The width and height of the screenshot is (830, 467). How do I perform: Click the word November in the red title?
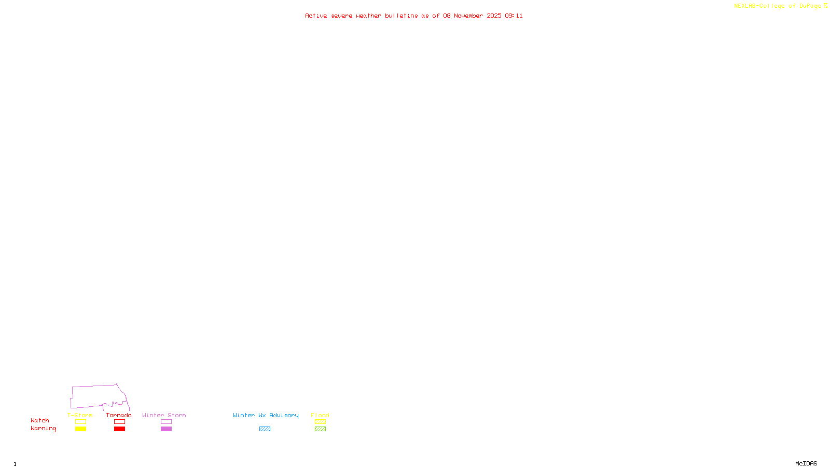(x=468, y=16)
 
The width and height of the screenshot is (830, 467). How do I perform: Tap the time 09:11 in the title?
(x=514, y=16)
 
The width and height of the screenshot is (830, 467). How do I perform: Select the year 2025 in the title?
(x=494, y=16)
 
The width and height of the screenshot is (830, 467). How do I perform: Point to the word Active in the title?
(x=316, y=16)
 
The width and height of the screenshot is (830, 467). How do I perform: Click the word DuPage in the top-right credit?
(x=810, y=6)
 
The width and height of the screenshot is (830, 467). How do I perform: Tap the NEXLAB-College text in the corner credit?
(x=759, y=6)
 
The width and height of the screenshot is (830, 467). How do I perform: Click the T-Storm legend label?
(x=80, y=415)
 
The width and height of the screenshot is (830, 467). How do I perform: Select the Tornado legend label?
(x=119, y=415)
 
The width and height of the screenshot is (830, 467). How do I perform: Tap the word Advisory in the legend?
(x=284, y=415)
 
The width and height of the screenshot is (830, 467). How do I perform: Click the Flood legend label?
(x=320, y=415)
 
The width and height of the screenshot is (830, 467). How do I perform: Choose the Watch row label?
(x=40, y=421)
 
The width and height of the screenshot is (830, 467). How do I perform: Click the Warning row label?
(x=43, y=429)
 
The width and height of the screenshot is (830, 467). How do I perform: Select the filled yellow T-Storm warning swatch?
(x=80, y=429)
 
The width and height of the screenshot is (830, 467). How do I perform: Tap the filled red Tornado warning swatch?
(x=119, y=429)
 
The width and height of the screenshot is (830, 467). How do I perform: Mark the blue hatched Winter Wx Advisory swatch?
(x=265, y=429)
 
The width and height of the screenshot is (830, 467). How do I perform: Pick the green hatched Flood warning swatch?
(x=320, y=429)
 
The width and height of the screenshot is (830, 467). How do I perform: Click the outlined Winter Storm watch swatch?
(x=166, y=422)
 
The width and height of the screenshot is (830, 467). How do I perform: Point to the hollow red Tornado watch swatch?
(x=119, y=422)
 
